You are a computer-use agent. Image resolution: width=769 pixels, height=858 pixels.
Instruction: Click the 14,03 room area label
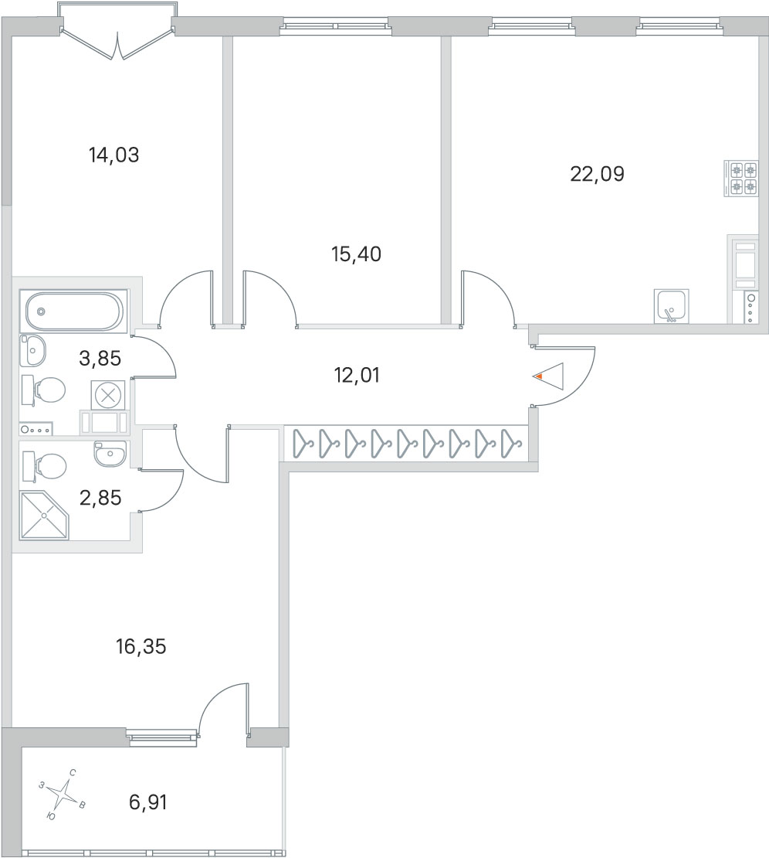pyautogui.click(x=113, y=155)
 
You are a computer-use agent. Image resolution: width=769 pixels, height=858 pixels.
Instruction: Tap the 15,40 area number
pyautogui.click(x=357, y=254)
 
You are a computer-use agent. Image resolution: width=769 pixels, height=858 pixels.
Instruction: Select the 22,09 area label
pyautogui.click(x=597, y=174)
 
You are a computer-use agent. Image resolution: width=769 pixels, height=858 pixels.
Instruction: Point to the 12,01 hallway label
pyautogui.click(x=357, y=376)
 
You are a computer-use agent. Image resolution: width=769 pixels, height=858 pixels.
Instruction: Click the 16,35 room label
pyautogui.click(x=141, y=647)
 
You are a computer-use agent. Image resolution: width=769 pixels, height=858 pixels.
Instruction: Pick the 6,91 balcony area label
pyautogui.click(x=147, y=803)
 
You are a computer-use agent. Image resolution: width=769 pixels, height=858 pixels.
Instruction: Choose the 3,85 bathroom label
pyautogui.click(x=100, y=359)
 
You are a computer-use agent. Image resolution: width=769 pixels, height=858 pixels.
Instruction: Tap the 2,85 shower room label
pyautogui.click(x=100, y=499)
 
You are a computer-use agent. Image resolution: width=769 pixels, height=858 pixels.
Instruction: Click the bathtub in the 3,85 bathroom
pyautogui.click(x=74, y=312)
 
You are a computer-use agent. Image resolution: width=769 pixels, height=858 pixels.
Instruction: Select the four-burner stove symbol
pyautogui.click(x=741, y=179)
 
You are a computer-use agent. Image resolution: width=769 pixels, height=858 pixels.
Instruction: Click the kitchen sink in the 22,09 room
pyautogui.click(x=671, y=306)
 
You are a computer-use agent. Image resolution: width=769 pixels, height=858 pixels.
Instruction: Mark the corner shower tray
pyautogui.click(x=44, y=515)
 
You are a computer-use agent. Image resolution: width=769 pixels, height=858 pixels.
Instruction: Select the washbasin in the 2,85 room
pyautogui.click(x=110, y=454)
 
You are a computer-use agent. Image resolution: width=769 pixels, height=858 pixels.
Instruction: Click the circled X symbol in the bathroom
pyautogui.click(x=108, y=394)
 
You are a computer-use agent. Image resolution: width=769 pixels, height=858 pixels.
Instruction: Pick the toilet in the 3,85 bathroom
pyautogui.click(x=44, y=390)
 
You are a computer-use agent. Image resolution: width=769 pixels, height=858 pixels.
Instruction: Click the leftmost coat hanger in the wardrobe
pyautogui.click(x=302, y=444)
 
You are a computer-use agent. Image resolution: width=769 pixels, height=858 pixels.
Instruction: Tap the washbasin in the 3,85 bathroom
pyautogui.click(x=32, y=350)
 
